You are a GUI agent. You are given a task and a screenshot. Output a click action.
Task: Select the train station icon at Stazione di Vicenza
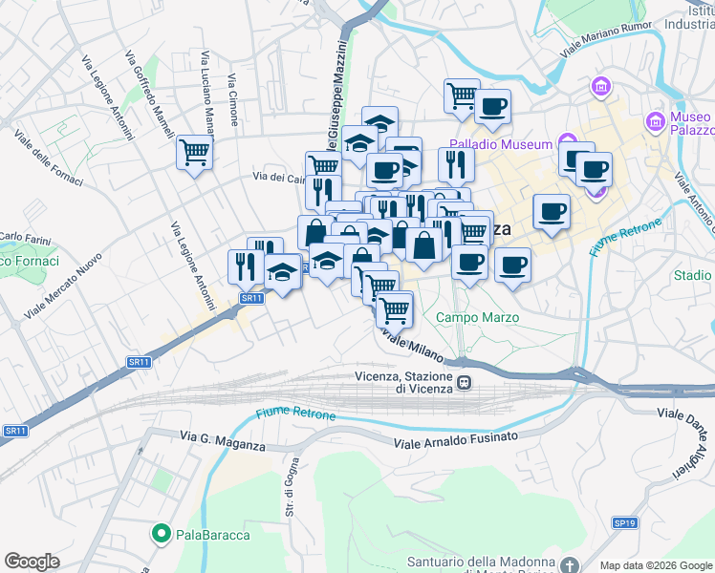[x=465, y=382]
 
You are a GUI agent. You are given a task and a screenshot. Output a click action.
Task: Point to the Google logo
[x=32, y=562]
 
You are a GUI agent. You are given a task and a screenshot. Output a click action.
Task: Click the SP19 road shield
[x=625, y=522]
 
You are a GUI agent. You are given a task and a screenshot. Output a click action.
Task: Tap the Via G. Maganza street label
[x=222, y=436]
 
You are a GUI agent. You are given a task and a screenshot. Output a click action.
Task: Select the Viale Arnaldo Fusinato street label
[x=457, y=437]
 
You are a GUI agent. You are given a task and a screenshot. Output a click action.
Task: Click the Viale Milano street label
[x=415, y=346]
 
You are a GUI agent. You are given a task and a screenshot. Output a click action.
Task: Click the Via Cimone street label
[x=233, y=101]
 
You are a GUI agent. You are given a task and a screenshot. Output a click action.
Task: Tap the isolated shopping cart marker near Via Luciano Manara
[x=194, y=153]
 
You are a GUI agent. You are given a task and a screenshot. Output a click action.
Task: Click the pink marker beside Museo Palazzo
[x=655, y=121]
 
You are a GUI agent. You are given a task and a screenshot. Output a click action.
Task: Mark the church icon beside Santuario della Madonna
[x=570, y=563]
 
